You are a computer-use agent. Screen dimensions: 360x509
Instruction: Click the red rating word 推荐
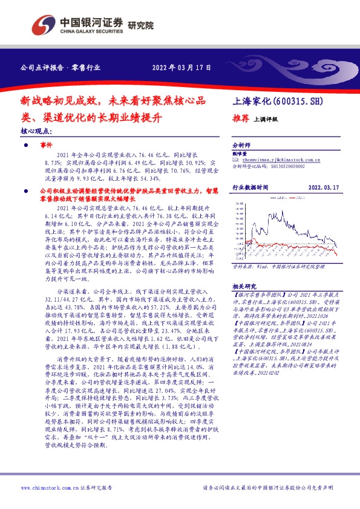click(x=241, y=118)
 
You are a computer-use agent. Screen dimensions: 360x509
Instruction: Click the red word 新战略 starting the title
click(x=34, y=101)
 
